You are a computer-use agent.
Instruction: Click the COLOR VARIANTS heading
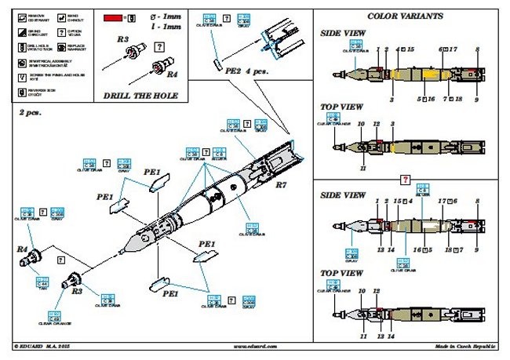[x=405, y=16]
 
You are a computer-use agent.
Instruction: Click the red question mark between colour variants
[x=405, y=180]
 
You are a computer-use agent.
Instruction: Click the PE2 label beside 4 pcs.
[x=233, y=71]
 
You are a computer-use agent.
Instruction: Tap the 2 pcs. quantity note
[x=30, y=113]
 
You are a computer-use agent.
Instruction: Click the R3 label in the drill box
[x=122, y=38]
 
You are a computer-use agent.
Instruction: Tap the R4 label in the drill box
[x=173, y=74]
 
